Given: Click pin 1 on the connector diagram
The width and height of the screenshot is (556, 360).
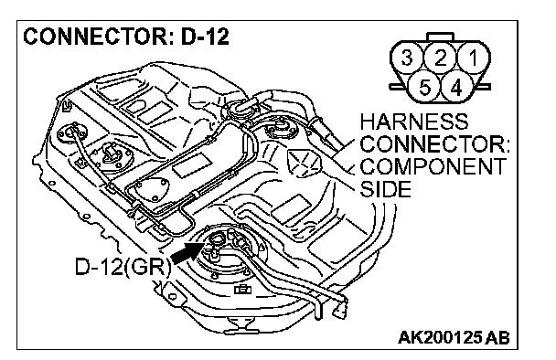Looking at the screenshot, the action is click(x=474, y=58).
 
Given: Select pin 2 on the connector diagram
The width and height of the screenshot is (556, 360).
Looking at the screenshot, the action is click(x=440, y=58).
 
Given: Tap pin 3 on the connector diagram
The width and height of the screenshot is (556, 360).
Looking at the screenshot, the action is click(x=407, y=58).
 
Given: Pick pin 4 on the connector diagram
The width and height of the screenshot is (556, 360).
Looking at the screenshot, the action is click(x=456, y=87).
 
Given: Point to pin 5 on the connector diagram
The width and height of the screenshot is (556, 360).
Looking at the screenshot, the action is click(x=423, y=87).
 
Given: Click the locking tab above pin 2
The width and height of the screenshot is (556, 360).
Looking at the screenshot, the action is click(x=441, y=37).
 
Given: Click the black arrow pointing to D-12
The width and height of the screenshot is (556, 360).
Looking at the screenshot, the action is click(x=187, y=252).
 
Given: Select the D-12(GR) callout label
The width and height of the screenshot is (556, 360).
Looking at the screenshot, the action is click(x=123, y=266).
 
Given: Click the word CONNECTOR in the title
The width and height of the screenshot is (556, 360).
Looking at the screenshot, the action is click(x=95, y=37).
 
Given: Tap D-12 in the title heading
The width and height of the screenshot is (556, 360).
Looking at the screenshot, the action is click(x=205, y=37).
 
